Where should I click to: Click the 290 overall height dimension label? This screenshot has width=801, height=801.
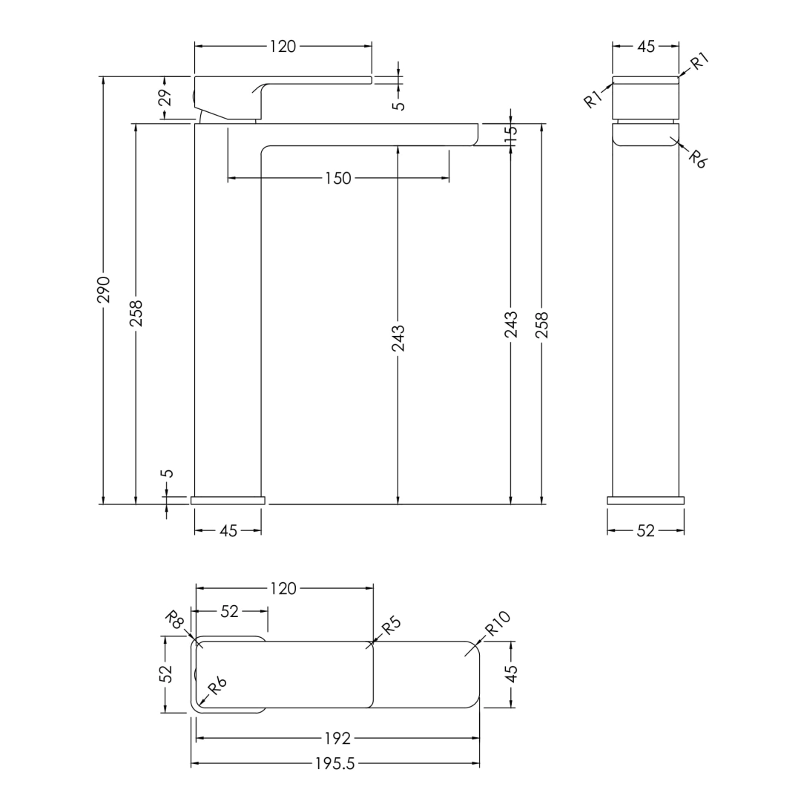point(104,290)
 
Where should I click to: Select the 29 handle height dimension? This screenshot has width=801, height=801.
point(165,97)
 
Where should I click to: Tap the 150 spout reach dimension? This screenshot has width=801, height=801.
point(338,178)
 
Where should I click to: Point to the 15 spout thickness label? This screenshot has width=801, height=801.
point(511,133)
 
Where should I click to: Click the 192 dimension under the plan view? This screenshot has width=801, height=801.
point(337,738)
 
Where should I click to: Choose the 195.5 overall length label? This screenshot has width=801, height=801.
point(335,764)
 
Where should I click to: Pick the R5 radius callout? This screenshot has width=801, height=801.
point(392,625)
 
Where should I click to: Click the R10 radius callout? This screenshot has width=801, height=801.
point(498,623)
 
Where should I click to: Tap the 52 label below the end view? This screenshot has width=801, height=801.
point(646,531)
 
